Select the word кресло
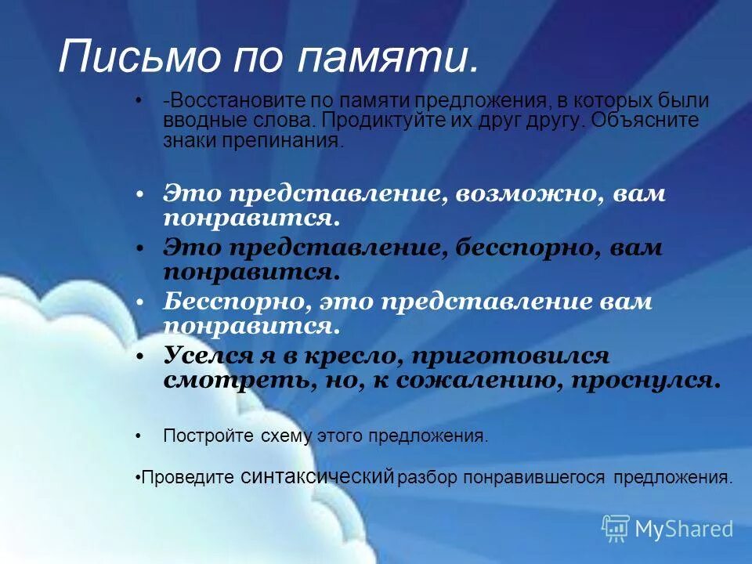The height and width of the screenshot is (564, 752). (x=345, y=356)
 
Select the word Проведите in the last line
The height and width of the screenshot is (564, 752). (x=188, y=477)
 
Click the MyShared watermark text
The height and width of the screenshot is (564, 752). (x=684, y=529)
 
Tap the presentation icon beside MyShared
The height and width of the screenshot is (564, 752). (x=616, y=529)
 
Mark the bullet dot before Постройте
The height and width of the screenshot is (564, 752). (x=139, y=436)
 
